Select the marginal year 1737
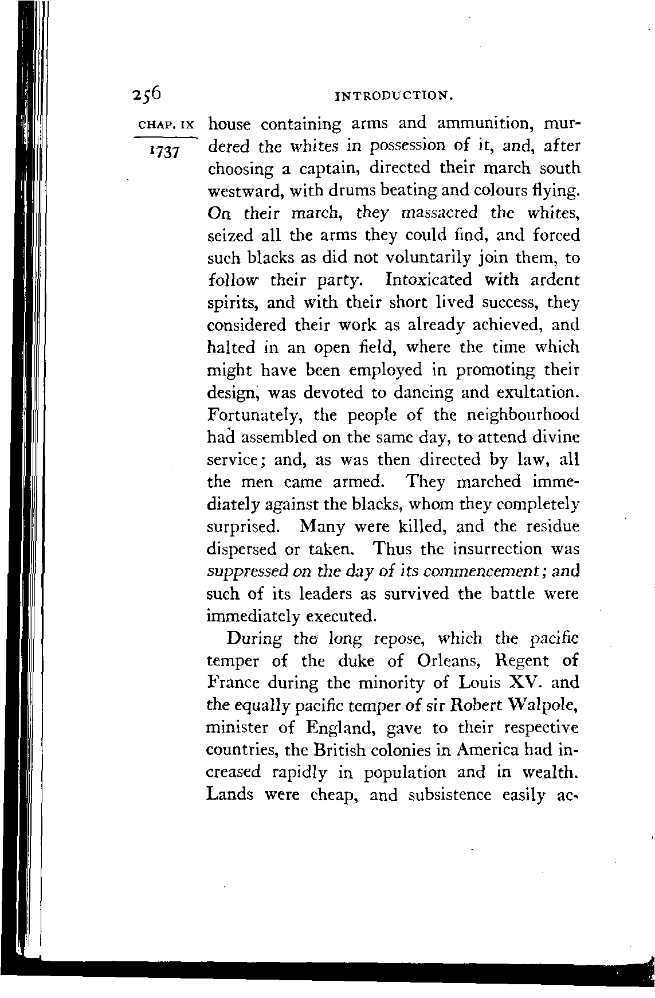click(164, 153)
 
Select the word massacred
click(440, 213)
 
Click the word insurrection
click(497, 549)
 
